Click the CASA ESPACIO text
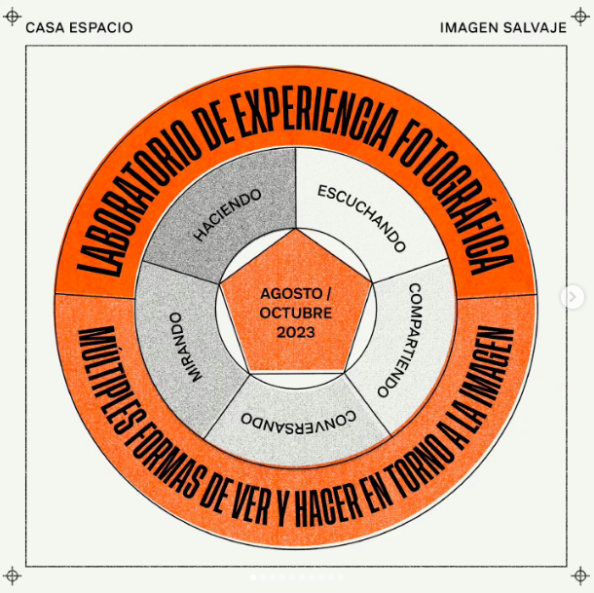79,27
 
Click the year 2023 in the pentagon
296,333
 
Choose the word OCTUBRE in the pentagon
296,314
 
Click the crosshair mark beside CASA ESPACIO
13,27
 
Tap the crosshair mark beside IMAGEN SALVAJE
581,27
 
